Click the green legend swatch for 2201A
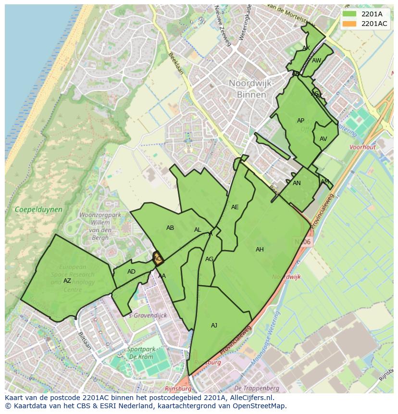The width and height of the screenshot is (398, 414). click(x=349, y=14)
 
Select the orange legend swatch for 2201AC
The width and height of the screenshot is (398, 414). click(x=349, y=24)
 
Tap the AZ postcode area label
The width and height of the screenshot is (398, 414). click(x=67, y=281)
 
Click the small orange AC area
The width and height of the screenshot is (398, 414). click(x=158, y=259)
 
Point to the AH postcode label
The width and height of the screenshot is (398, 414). click(x=260, y=250)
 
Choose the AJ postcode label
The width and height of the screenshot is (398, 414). click(x=214, y=326)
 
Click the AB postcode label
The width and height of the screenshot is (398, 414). click(x=170, y=228)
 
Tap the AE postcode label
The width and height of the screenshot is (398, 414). click(x=235, y=207)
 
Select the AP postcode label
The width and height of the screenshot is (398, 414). click(x=300, y=121)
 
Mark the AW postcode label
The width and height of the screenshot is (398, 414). click(x=316, y=61)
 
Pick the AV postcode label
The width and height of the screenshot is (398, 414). click(x=323, y=139)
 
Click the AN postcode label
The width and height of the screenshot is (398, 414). click(x=297, y=183)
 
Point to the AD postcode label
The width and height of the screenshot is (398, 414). click(x=131, y=272)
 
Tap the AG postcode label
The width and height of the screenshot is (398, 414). click(x=209, y=259)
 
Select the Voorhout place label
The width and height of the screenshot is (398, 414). click(x=362, y=148)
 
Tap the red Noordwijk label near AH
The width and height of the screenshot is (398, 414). click(x=286, y=277)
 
